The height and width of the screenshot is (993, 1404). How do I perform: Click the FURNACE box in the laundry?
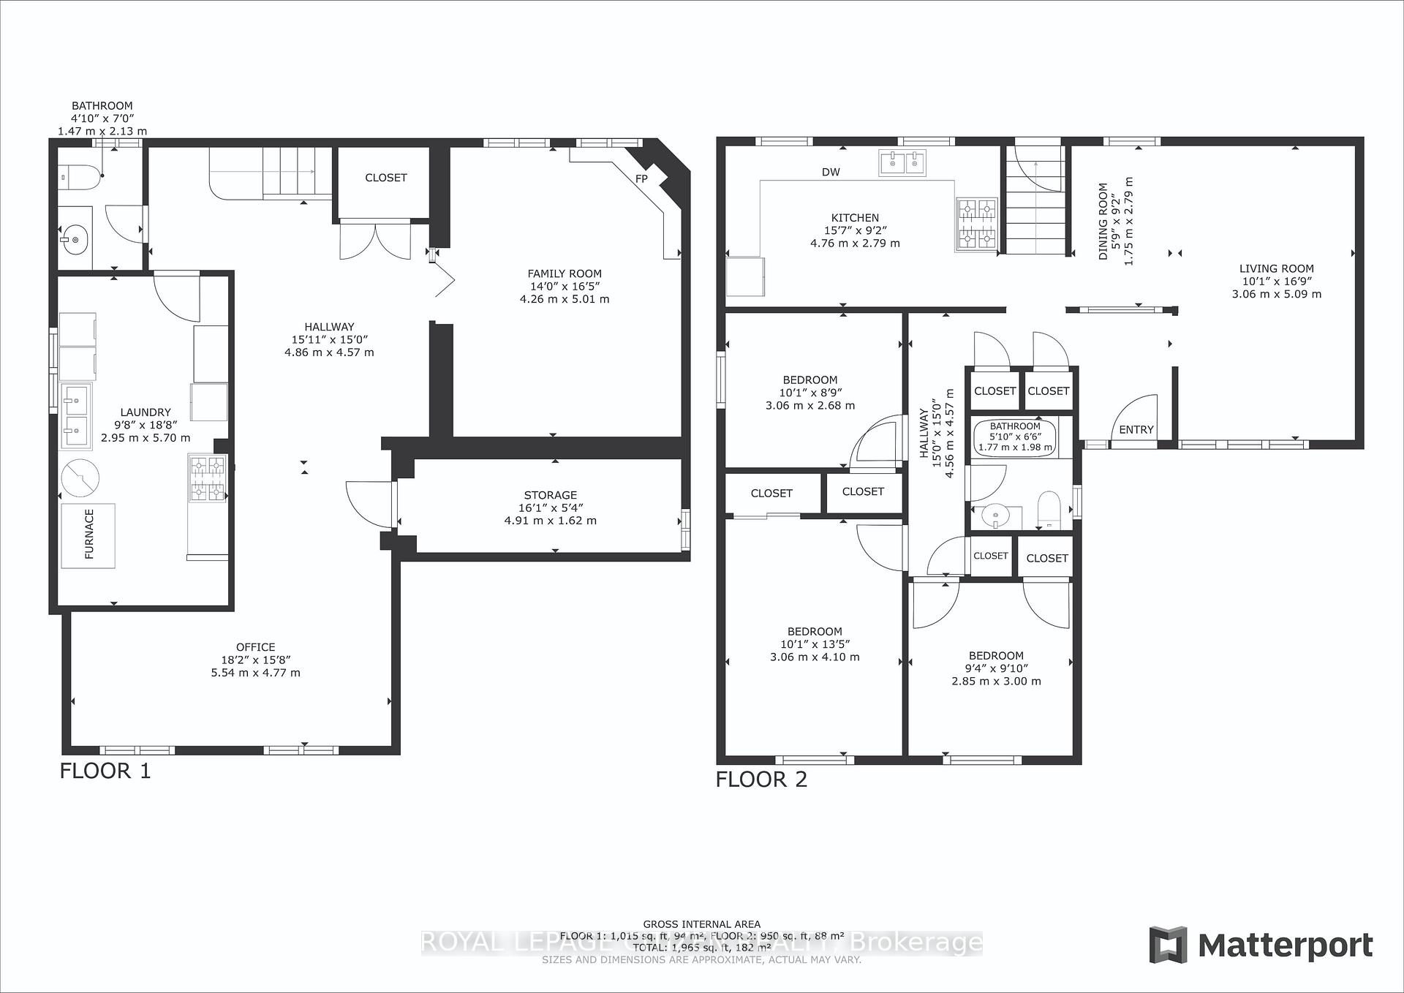[x=88, y=535]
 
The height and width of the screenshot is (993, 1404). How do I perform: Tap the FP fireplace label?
[x=641, y=178]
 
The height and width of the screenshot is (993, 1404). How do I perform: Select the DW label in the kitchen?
[x=831, y=173]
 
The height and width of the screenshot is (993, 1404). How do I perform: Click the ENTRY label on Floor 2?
[x=1136, y=430]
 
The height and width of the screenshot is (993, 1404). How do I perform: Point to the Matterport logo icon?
[x=1168, y=945]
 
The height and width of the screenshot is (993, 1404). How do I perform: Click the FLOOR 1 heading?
[x=105, y=771]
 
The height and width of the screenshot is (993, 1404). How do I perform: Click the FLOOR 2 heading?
[x=761, y=779]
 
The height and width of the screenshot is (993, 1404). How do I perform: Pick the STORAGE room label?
[x=550, y=495]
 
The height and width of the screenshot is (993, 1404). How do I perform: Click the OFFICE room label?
[x=255, y=647]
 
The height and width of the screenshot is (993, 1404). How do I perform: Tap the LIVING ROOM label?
[x=1276, y=268]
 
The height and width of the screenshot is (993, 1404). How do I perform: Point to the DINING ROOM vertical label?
[x=1103, y=221]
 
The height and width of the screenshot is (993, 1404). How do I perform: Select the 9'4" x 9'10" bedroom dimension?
[x=996, y=668]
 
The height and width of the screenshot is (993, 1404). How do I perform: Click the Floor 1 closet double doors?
[x=375, y=240]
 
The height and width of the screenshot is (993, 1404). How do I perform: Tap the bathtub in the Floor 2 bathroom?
[x=1015, y=437]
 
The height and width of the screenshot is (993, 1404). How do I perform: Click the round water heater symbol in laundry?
[x=80, y=478]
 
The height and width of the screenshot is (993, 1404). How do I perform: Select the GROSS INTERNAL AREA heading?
[x=701, y=924]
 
